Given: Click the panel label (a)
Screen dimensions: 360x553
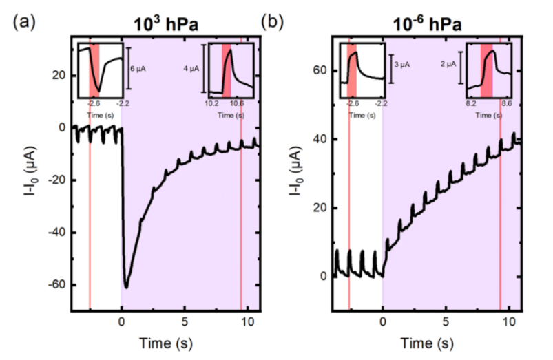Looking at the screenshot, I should point(23,20).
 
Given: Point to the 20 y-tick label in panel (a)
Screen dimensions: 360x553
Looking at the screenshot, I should point(59,76).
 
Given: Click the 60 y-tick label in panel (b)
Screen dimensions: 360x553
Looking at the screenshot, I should point(317,70).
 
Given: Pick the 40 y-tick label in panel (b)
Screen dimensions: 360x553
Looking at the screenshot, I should point(317,139).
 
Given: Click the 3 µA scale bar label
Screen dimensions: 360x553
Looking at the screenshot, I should point(401,64).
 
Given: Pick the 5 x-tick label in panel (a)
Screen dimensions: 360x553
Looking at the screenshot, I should point(184,321).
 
